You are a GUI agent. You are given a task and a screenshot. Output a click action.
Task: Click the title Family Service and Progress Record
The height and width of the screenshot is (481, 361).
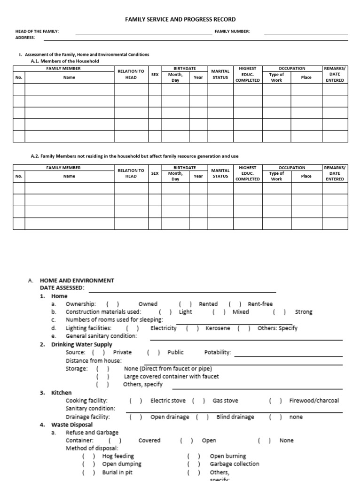[180, 19]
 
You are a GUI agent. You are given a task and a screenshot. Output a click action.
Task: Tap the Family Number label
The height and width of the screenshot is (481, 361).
[232, 31]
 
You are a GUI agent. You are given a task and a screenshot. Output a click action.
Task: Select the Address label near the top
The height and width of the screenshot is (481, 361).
[25, 38]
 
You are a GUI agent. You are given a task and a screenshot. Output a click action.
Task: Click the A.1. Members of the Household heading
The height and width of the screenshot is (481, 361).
[65, 61]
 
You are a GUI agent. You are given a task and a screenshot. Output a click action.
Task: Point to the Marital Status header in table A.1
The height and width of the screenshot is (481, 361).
[220, 74]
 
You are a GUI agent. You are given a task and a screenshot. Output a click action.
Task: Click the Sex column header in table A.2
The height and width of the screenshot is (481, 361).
[155, 173]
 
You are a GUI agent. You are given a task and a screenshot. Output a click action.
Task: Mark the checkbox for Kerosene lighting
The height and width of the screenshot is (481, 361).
[193, 328]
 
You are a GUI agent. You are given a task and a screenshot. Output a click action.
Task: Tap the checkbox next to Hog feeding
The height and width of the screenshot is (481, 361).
[88, 456]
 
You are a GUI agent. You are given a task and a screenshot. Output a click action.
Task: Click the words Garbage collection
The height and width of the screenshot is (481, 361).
[234, 464]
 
